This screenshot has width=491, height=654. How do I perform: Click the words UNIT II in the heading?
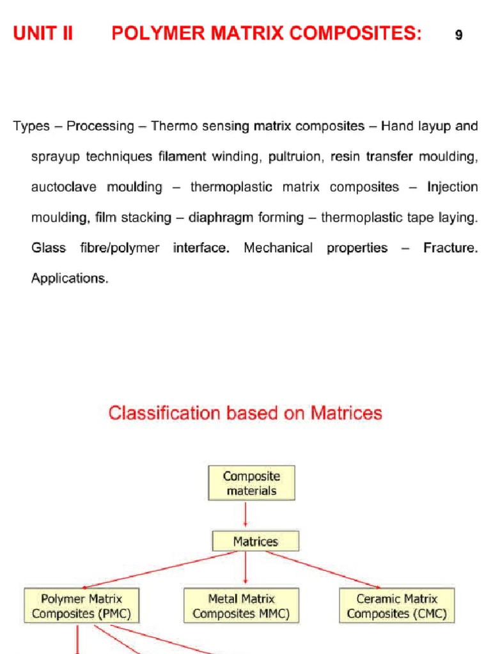pos(43,34)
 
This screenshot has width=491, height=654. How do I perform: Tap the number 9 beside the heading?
pos(458,36)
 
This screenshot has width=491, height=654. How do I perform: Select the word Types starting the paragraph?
pos(31,126)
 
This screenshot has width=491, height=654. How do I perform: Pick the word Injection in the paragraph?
pos(452,187)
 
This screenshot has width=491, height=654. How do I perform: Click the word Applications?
pos(70,279)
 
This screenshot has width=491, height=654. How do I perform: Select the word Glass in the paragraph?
pos(49,248)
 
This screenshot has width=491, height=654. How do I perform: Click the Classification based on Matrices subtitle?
pos(245,413)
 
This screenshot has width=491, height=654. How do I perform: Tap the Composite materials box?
pos(251,483)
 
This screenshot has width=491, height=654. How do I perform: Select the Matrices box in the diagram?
pos(255,542)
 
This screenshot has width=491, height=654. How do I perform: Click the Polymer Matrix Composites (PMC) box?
pos(81,606)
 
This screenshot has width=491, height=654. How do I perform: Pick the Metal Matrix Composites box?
pos(241,606)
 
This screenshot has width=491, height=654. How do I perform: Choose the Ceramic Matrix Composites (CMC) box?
pos(396,606)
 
